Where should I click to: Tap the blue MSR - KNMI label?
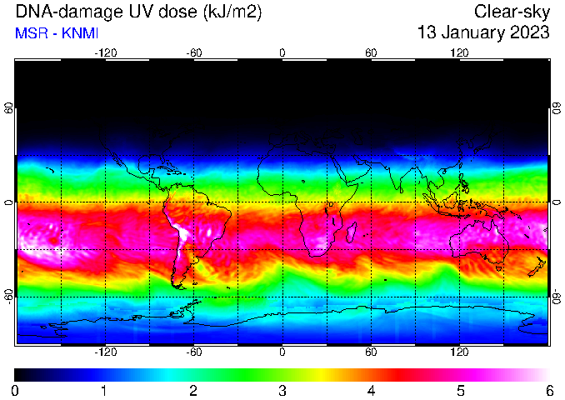click(57, 33)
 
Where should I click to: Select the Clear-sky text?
click(512, 12)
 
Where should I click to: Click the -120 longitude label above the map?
click(106, 53)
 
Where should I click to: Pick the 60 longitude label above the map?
click(371, 53)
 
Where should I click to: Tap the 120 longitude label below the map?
click(459, 352)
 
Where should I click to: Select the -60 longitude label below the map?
click(194, 352)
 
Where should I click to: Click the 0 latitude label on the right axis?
click(557, 202)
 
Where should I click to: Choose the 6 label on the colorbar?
click(549, 391)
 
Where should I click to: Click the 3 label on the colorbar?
click(282, 391)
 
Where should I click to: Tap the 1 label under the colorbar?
click(104, 391)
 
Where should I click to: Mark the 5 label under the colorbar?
click(461, 391)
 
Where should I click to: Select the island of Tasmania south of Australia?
click(498, 268)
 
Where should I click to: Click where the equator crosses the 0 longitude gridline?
click(282, 202)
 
